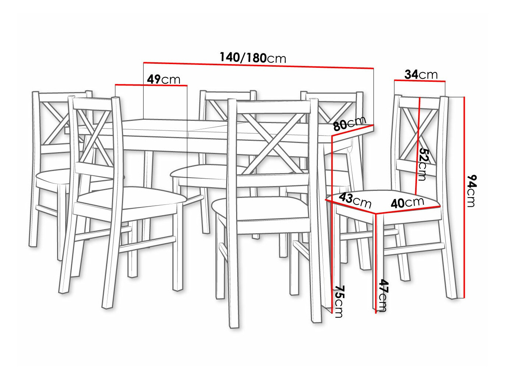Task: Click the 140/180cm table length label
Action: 253,57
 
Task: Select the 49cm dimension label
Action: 163,79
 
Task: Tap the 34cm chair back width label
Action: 421,74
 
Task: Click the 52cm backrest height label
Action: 423,164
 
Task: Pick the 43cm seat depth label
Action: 355,200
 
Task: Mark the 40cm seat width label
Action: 407,202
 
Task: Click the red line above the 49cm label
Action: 151,85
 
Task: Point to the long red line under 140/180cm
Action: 258,66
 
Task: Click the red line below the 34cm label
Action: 420,80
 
